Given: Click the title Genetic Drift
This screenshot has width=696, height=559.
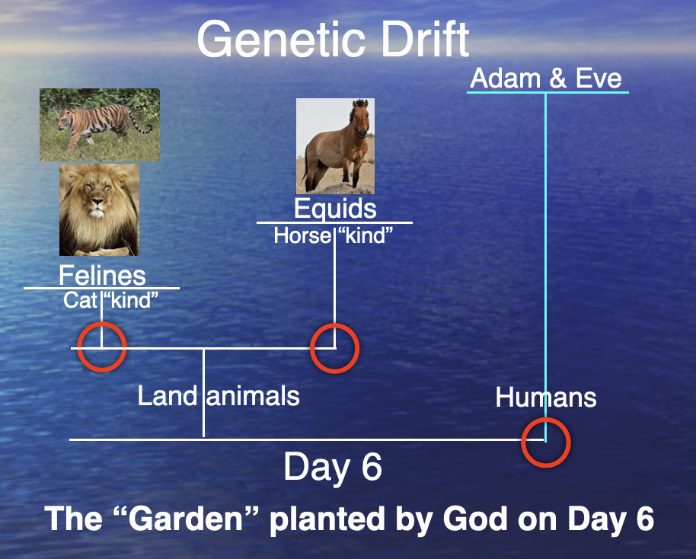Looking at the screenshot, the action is (333, 39).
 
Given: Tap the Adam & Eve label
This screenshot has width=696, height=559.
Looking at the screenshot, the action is (546, 78).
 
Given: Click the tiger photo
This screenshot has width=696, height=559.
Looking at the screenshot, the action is (100, 125).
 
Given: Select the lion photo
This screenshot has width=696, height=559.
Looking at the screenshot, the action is (100, 209).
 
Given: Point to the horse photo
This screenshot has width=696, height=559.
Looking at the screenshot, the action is (335, 146).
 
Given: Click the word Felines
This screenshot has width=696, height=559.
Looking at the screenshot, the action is (102, 275).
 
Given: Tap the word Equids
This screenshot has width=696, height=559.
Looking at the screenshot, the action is (335, 208).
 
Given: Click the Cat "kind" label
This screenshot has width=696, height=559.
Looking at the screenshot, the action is (110, 300).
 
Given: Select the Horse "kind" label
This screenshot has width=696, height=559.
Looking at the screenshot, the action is (334, 235).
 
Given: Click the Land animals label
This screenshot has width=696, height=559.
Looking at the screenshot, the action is (219, 395).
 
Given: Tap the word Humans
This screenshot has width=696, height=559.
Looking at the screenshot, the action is (546, 397).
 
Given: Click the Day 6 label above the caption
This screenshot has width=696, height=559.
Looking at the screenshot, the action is (333, 467).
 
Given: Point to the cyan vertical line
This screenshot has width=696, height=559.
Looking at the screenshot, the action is (545, 267).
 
